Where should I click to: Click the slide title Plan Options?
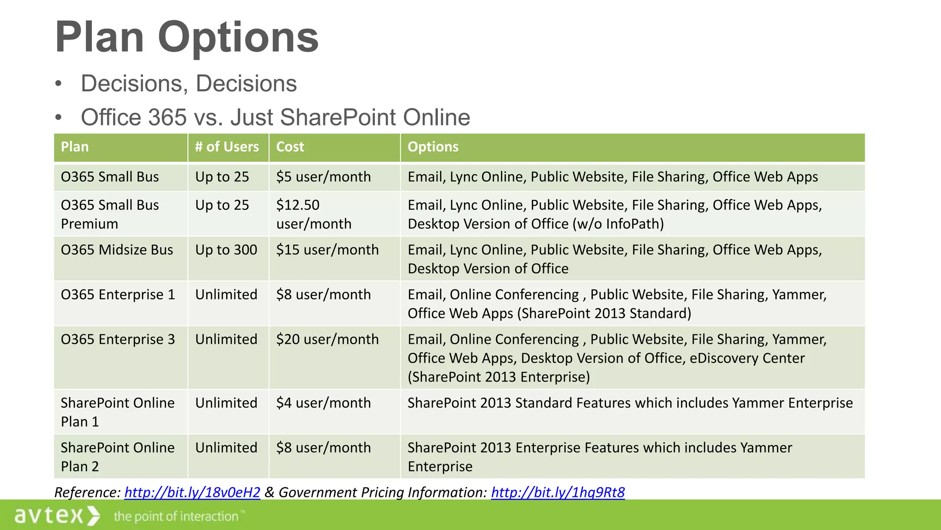(x=187, y=37)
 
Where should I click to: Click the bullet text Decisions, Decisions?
(x=188, y=84)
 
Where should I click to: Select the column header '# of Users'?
(x=227, y=147)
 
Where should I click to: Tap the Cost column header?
(x=290, y=147)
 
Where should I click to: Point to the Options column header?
(x=433, y=147)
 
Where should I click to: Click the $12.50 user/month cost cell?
(x=314, y=214)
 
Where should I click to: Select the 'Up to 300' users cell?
(x=226, y=250)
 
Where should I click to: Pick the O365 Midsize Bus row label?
(x=117, y=250)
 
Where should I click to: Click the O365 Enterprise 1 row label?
(x=118, y=294)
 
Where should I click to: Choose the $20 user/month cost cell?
(x=327, y=340)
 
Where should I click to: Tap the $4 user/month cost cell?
(x=323, y=403)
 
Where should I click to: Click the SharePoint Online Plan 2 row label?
(x=118, y=457)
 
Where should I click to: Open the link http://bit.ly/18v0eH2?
(x=192, y=492)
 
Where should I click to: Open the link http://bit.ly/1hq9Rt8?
(x=558, y=492)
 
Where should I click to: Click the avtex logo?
(x=57, y=515)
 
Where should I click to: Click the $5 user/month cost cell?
(x=323, y=177)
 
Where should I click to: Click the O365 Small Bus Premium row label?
(x=110, y=214)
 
